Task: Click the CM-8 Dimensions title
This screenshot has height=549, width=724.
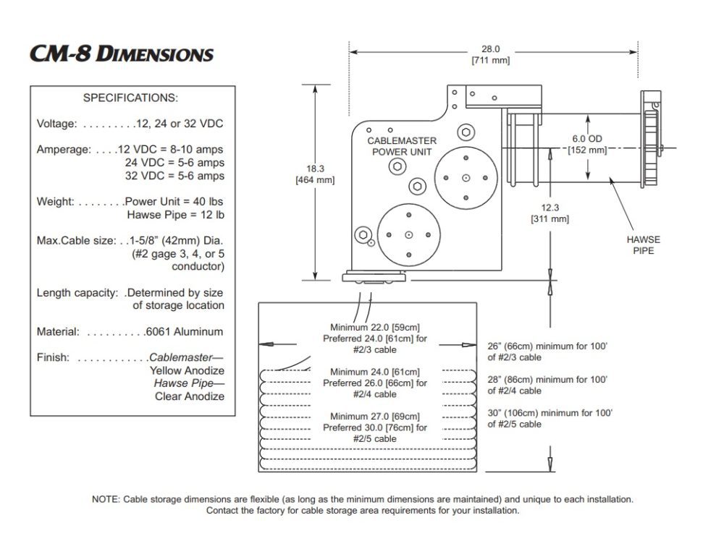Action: click(x=122, y=54)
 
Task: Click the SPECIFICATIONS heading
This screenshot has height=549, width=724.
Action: click(x=130, y=98)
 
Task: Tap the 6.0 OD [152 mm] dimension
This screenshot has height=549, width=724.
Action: click(x=587, y=144)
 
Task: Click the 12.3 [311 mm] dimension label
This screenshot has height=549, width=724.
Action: click(x=550, y=213)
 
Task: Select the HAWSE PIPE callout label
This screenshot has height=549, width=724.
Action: click(x=643, y=245)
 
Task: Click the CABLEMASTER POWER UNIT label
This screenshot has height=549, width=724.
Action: click(x=400, y=146)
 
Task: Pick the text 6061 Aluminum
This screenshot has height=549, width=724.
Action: click(x=184, y=331)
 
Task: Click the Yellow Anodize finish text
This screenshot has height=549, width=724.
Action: click(x=187, y=370)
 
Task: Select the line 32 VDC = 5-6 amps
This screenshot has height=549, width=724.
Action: click(x=174, y=176)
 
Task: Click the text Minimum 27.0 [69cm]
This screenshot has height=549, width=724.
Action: click(x=374, y=416)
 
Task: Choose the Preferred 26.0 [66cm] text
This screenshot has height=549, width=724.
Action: click(x=374, y=383)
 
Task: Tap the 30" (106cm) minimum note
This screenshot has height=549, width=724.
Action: click(x=550, y=412)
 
